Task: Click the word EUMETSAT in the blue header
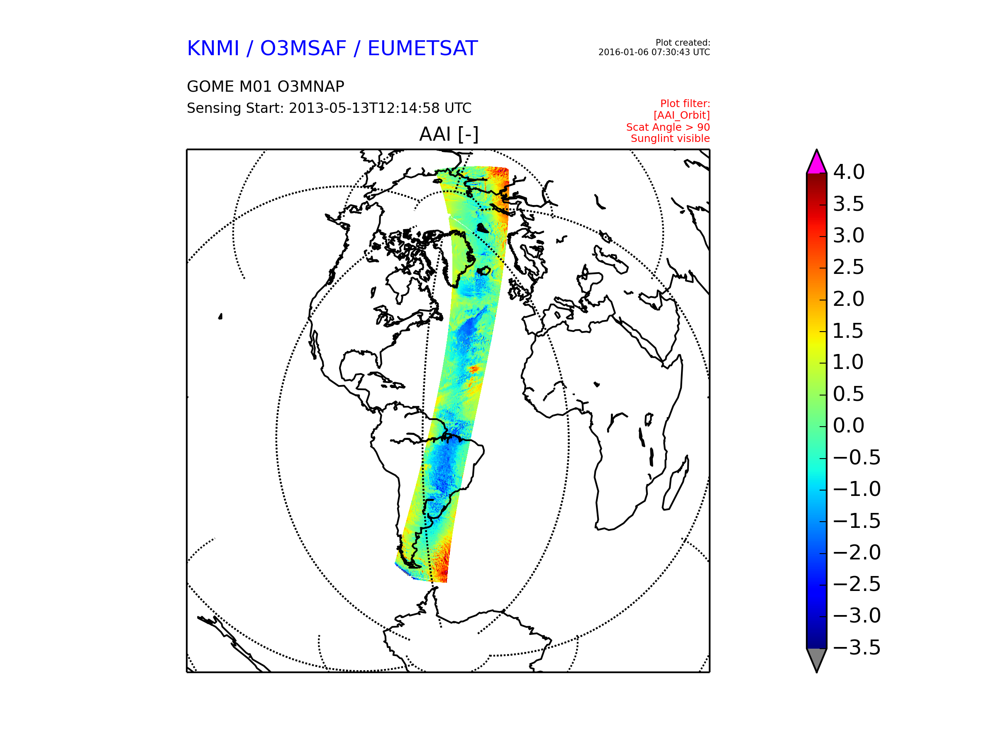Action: (422, 49)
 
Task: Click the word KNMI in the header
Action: (213, 49)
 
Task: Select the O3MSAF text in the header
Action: (303, 49)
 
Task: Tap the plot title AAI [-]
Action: (449, 134)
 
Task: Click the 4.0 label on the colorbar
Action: (849, 172)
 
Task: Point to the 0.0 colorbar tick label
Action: (849, 425)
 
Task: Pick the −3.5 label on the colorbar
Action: (857, 647)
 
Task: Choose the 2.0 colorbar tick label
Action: (849, 299)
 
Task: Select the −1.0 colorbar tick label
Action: (857, 489)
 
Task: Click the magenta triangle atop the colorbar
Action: (817, 164)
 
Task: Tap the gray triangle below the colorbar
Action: (817, 659)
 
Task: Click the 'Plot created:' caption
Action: (683, 43)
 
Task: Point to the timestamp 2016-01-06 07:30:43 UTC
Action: (654, 52)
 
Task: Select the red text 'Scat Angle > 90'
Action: (668, 127)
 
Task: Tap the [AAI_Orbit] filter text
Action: (682, 116)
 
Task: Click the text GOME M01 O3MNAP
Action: (266, 86)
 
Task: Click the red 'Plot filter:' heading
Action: (685, 104)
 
